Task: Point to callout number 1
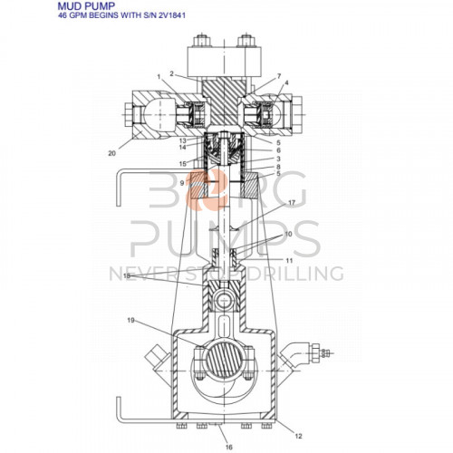(159, 79)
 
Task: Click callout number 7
(278, 76)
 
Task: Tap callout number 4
(286, 84)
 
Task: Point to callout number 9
(182, 182)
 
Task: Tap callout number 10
(288, 235)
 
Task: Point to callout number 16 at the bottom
(228, 447)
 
